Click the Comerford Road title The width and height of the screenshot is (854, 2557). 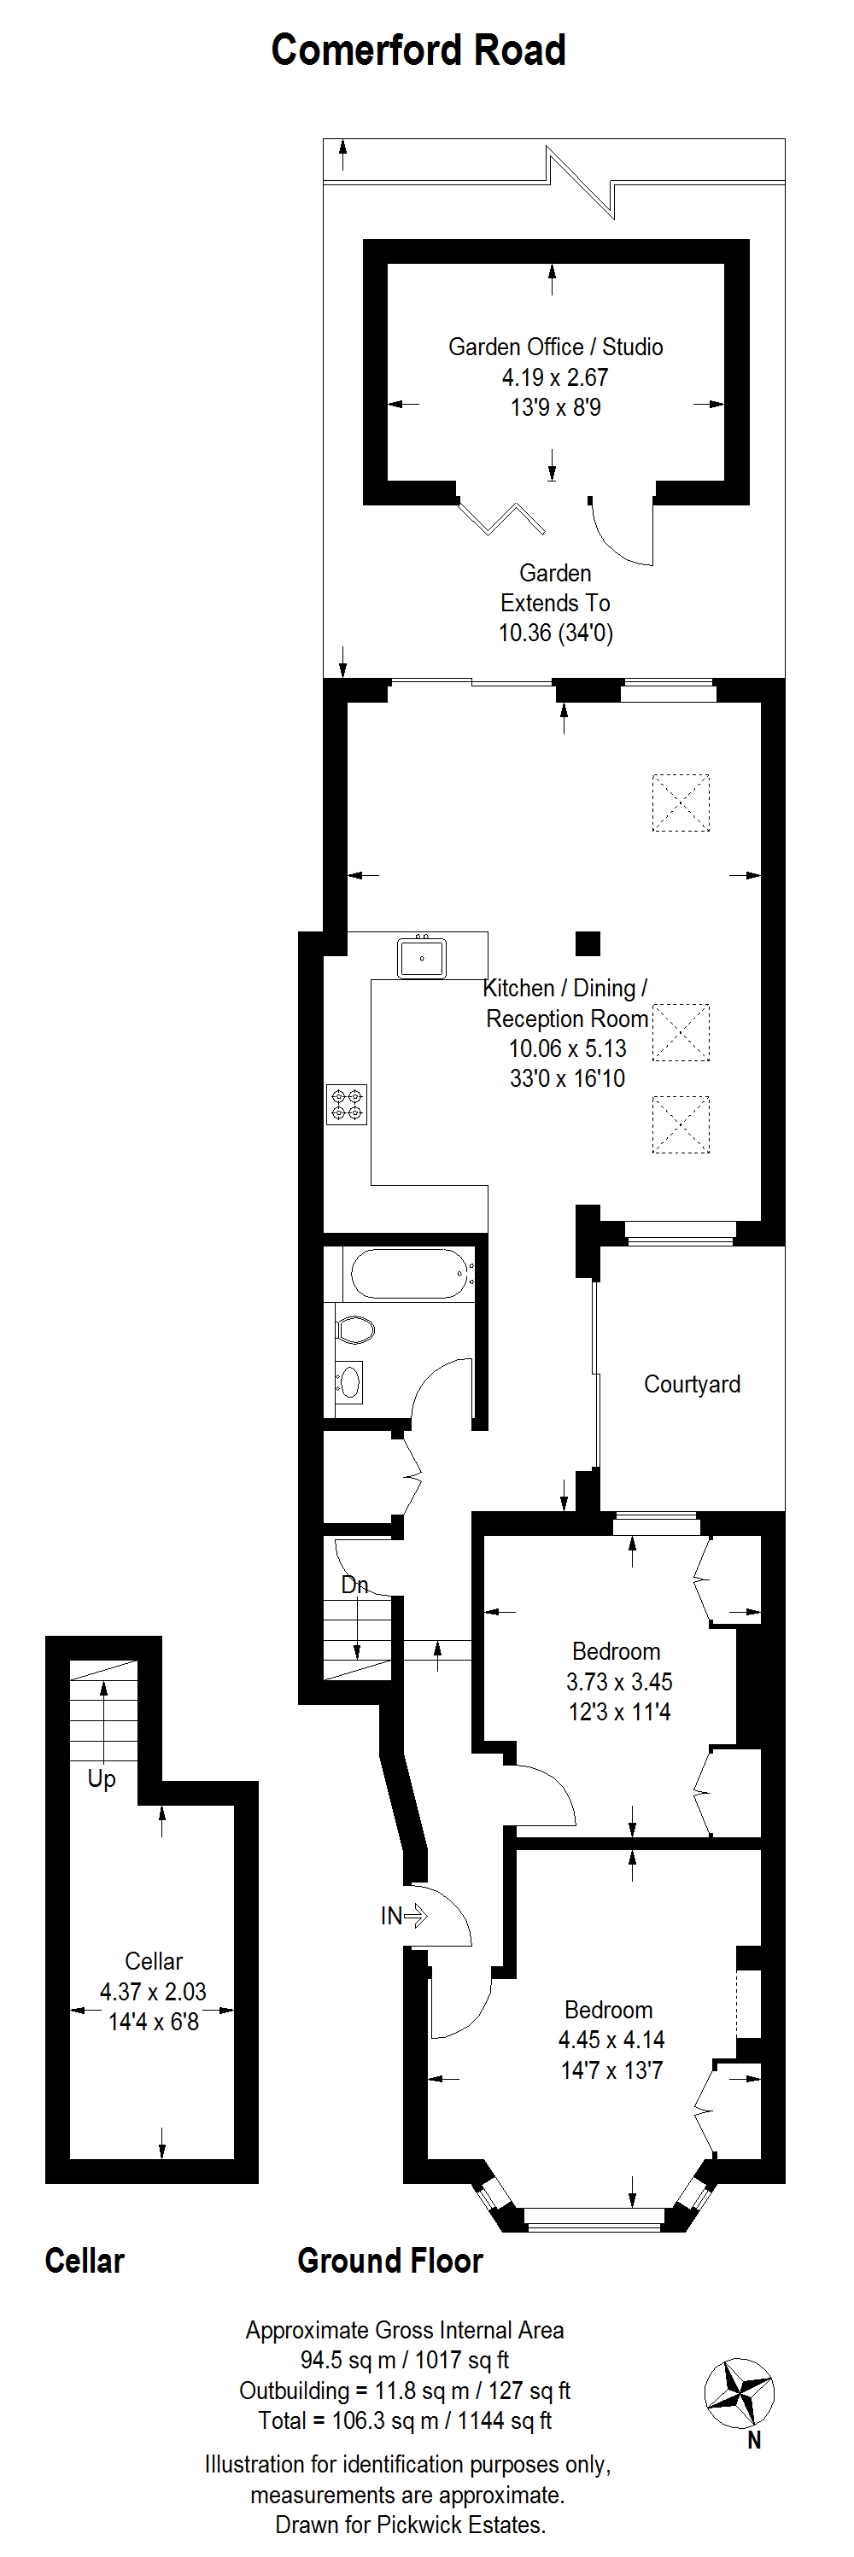418,50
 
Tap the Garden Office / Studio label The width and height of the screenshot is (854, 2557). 555,347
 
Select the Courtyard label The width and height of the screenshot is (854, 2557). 692,1384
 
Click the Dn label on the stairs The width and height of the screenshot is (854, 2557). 354,1585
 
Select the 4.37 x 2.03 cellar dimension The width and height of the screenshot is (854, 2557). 153,1991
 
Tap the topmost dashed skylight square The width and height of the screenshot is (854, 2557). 681,802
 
